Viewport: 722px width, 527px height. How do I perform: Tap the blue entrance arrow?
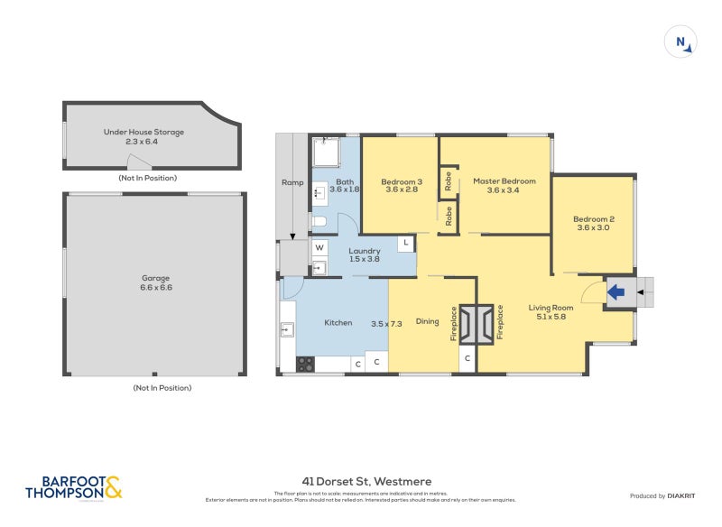(617, 292)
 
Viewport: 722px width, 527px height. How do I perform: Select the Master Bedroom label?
(504, 181)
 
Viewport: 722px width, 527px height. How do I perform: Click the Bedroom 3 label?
(402, 181)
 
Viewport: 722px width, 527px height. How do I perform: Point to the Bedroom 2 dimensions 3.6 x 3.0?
(593, 228)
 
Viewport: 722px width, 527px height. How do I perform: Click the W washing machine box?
(319, 247)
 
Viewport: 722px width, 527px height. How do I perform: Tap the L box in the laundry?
(406, 244)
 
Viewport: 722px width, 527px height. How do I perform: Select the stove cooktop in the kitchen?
(306, 364)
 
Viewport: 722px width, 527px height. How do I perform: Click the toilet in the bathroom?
(319, 221)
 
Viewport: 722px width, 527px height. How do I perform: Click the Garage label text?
(155, 278)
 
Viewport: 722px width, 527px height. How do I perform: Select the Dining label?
(427, 321)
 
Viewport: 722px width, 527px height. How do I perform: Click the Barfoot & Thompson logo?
(72, 487)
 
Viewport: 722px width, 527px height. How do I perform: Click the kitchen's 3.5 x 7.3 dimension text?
(385, 323)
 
